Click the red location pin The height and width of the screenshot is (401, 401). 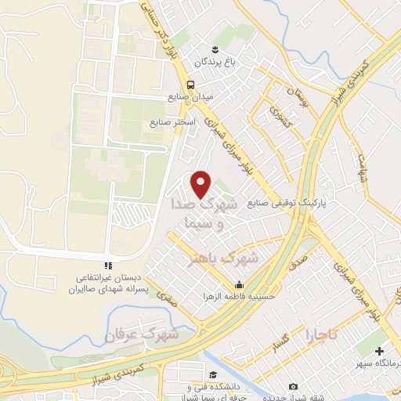(x=202, y=184)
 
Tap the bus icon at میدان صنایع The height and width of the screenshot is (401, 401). (x=190, y=85)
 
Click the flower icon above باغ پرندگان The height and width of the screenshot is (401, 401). (x=204, y=50)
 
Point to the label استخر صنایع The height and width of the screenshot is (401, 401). (x=167, y=123)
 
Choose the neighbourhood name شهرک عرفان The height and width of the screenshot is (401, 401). (x=143, y=334)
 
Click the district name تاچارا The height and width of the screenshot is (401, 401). (x=322, y=334)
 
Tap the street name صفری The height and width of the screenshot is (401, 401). (x=168, y=297)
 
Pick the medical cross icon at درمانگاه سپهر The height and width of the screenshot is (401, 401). (x=380, y=352)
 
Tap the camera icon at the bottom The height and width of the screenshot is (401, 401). (x=293, y=386)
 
